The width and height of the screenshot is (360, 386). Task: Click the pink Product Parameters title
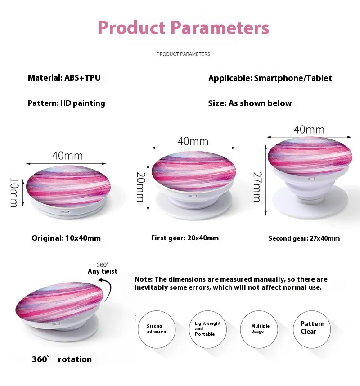[184, 27]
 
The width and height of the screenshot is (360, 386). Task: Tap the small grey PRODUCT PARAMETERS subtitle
[184, 54]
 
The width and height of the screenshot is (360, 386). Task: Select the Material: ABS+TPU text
[64, 78]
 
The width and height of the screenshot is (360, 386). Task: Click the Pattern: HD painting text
[67, 103]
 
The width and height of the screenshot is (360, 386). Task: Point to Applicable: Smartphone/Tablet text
[270, 78]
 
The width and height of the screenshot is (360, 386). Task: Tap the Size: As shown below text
[250, 103]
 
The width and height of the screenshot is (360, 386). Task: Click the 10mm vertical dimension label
[14, 193]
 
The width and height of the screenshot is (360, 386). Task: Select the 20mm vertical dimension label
[140, 187]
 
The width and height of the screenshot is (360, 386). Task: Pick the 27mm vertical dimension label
[257, 187]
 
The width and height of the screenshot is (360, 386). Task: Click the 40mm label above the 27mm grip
[309, 130]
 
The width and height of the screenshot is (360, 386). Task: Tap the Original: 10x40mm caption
[66, 238]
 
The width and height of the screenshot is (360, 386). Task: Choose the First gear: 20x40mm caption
[185, 238]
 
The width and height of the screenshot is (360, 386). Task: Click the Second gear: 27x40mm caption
[304, 238]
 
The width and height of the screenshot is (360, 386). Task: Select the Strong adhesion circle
[157, 329]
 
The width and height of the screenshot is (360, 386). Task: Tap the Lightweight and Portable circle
[208, 329]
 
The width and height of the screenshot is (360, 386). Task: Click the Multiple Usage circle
[259, 329]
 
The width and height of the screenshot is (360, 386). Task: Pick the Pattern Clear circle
[312, 329]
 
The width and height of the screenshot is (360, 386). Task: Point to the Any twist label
[103, 271]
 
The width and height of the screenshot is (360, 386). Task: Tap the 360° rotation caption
[62, 359]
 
